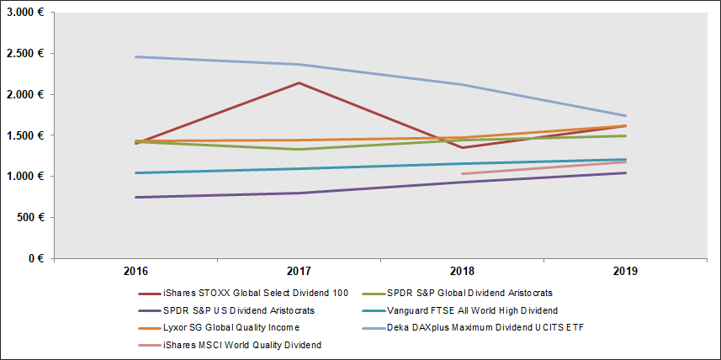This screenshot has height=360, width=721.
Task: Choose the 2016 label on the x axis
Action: coord(135,272)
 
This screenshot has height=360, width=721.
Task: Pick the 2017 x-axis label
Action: coord(299,272)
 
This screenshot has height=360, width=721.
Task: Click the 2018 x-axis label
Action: coord(462,272)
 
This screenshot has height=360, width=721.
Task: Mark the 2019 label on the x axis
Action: coord(625,272)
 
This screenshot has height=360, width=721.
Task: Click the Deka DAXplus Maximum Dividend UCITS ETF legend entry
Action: coord(482,327)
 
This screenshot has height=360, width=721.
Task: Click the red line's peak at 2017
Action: coord(299,82)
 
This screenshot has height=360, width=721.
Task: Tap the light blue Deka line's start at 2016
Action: coord(135,56)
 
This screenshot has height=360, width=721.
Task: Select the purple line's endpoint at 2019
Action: coord(625,173)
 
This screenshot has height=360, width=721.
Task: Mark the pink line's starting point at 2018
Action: coord(462,174)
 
